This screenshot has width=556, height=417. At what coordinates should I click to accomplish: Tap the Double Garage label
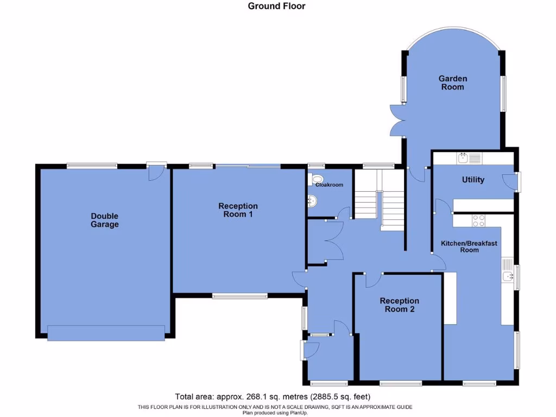coord(105,220)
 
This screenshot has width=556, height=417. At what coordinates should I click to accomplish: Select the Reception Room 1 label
coord(238,210)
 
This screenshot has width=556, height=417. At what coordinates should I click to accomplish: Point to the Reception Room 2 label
coord(399,305)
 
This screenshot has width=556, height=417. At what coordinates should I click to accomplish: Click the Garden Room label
coord(452,83)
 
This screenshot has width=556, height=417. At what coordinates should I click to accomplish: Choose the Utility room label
coord(473,180)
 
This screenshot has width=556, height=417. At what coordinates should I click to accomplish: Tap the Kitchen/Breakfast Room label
coord(469,247)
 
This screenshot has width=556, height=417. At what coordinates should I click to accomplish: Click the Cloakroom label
coord(330,185)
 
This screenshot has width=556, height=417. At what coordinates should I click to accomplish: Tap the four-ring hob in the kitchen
coord(479,220)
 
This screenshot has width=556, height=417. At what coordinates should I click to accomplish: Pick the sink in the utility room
coord(463,158)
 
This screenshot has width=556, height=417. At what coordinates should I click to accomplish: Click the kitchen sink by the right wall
coord(507,276)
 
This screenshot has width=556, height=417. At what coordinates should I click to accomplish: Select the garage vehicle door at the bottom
coord(106,333)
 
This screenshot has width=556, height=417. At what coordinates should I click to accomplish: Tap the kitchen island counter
coord(450,298)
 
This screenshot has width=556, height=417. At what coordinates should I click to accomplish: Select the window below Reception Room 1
coord(239,296)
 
